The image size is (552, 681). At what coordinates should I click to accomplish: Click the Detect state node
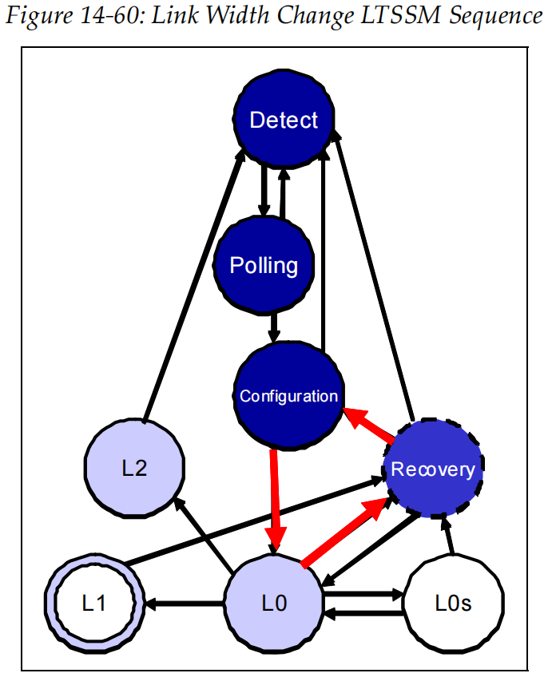pos(284,121)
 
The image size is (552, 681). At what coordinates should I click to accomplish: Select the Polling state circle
pos(264,266)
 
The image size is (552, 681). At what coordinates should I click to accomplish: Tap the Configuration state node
pos(288,396)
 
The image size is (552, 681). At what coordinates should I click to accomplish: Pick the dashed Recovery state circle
pos(432,469)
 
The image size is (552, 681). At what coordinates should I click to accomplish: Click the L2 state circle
pos(134,468)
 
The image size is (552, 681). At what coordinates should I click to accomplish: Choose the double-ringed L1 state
pos(93,604)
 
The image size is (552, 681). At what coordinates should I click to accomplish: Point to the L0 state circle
pos(273,604)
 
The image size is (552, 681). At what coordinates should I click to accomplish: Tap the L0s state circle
pos(453,604)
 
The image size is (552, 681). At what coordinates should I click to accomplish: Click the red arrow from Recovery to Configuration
pos(368,426)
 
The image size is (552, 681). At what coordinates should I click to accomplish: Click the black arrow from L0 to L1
pos(185,604)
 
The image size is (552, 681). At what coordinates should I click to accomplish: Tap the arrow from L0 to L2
pos(205,534)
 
